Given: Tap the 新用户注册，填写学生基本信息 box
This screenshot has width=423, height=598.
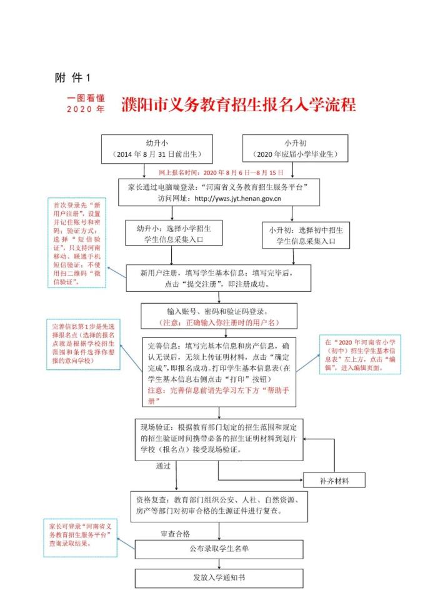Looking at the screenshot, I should click(219, 277).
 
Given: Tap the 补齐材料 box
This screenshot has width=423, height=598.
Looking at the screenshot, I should click(334, 481).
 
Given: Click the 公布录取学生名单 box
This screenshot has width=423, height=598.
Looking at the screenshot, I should click(218, 549).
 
